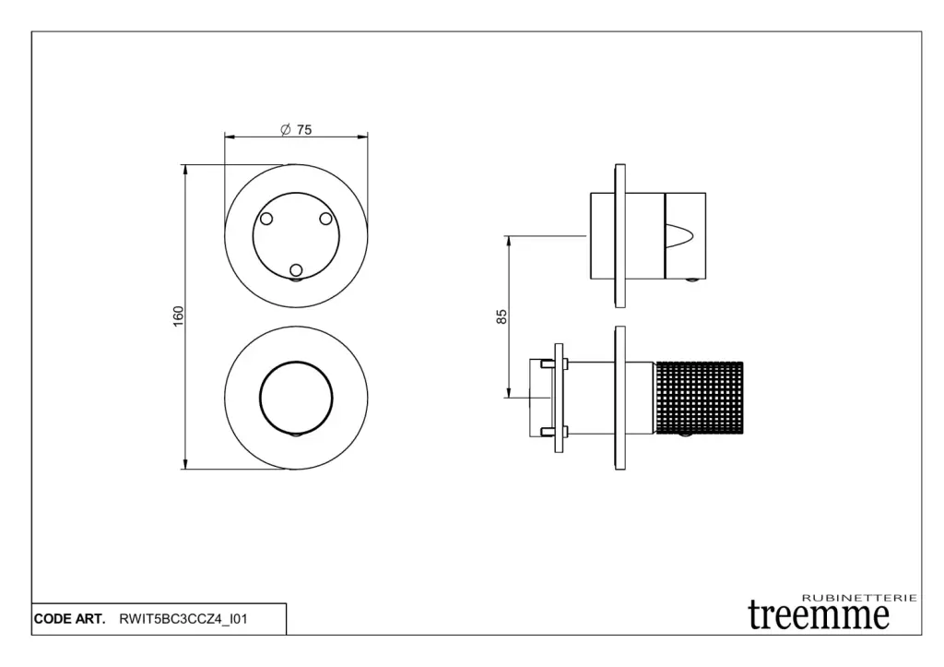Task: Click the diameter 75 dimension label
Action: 296,129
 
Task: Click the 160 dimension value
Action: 178,316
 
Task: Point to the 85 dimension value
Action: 501,316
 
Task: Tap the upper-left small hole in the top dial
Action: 266,219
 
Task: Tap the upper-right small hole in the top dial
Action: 325,218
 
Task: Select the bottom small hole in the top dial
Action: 296,270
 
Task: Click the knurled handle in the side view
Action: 699,398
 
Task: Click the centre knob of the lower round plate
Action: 296,398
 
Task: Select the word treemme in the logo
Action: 819,614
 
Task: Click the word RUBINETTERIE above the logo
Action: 860,598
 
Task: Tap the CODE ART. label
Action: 69,619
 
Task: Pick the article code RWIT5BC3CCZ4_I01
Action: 183,619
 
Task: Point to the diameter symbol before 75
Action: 286,129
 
